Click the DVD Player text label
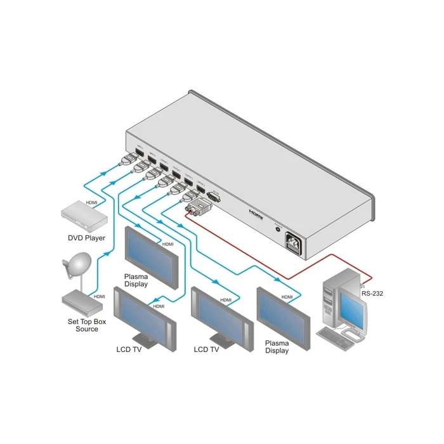86,238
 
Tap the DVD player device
82,215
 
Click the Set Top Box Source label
83,325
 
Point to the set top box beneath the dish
82,303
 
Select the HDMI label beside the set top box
100,296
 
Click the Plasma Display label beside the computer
277,347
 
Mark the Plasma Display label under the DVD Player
136,280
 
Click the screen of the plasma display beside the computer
283,316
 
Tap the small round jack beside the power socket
277,230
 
